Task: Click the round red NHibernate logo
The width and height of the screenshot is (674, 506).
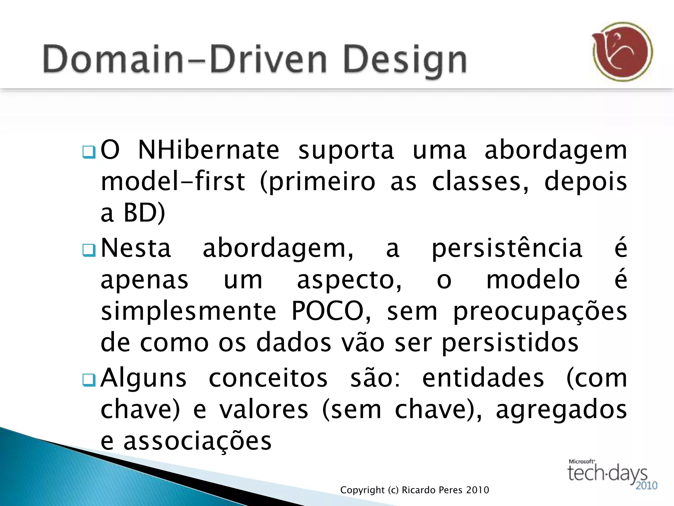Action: (622, 52)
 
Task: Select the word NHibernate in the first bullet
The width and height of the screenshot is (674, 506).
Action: (209, 150)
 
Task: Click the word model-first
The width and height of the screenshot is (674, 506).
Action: (173, 182)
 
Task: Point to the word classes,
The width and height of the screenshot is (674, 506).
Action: (480, 182)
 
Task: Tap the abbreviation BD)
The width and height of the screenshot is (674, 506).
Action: (144, 213)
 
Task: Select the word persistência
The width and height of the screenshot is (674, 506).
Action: (507, 248)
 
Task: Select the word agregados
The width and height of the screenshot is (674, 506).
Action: (561, 410)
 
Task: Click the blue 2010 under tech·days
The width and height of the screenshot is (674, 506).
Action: (646, 486)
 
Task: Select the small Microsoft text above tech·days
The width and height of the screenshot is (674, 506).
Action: (582, 462)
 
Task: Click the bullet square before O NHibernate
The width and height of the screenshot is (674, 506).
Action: (89, 152)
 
